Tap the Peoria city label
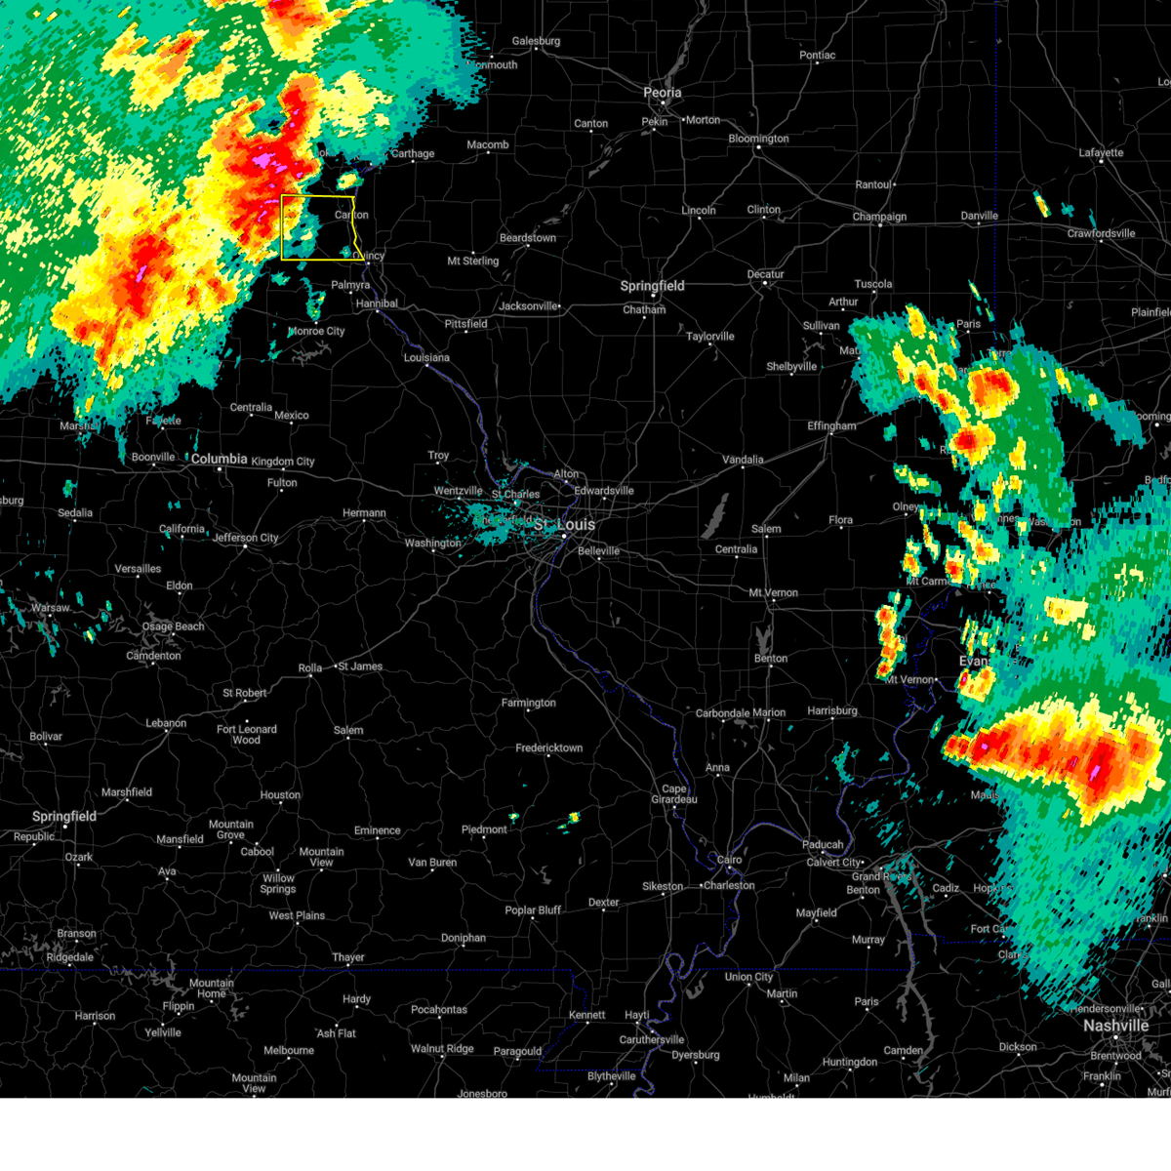(x=662, y=93)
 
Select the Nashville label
(x=1115, y=1026)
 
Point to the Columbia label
(x=219, y=459)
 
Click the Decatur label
(x=766, y=274)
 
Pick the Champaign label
(x=879, y=217)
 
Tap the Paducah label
(x=823, y=844)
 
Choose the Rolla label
(x=309, y=668)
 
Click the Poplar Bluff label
(x=533, y=910)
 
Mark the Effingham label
(x=831, y=426)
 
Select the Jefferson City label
(x=245, y=538)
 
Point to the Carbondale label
(x=722, y=713)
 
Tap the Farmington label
(x=528, y=703)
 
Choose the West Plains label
(x=297, y=915)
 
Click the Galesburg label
(x=536, y=41)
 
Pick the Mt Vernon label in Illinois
(x=773, y=592)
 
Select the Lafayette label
(x=1101, y=152)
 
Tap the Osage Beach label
(x=174, y=626)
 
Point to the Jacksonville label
(x=528, y=306)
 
